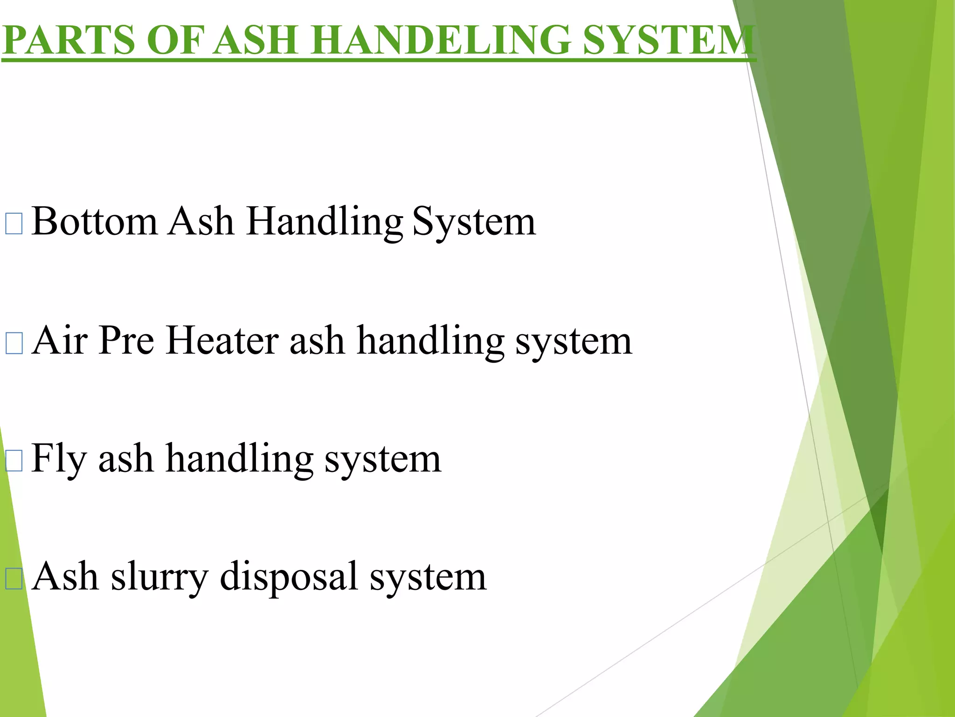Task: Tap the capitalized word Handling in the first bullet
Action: (x=325, y=222)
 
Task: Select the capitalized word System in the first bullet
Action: (x=474, y=222)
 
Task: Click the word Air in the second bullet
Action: (x=60, y=341)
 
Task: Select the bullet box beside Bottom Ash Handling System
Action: (x=14, y=224)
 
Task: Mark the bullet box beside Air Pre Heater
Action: (x=14, y=343)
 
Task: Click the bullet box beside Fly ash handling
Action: (x=14, y=461)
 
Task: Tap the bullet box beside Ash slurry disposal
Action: (x=14, y=579)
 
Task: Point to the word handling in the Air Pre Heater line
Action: (x=430, y=341)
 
